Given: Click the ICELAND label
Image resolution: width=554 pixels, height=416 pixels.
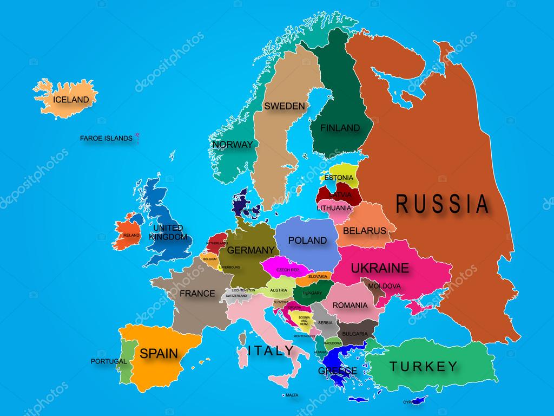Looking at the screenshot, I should pos(70,100).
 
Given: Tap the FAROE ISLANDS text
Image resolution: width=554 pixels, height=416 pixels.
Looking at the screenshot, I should pos(106,138).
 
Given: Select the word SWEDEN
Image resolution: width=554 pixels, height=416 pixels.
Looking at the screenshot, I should pos(285,106).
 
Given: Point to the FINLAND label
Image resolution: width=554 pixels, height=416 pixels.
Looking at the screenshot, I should pos(340,128).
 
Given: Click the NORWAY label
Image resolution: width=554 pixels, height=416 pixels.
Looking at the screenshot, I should pos(233,145).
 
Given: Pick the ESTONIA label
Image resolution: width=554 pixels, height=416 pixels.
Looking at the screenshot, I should pos(339,177).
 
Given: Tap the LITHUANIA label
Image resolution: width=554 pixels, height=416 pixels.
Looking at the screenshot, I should pos(334,207).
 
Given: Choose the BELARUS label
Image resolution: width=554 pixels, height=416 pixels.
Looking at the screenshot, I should pos(365,230).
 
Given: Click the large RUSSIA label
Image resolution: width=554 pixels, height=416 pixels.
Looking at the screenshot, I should pos(443,204).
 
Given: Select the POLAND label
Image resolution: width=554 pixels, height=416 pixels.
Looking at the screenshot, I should pos(307,240).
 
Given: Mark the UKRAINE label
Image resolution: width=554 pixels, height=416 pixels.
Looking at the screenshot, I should pos(379,268).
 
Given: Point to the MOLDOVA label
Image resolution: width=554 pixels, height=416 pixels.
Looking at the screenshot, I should pos(384,285).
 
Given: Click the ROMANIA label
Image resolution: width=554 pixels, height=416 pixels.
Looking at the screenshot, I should pos(349,305).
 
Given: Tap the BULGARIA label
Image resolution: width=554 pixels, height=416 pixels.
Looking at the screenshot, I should pos(355,334).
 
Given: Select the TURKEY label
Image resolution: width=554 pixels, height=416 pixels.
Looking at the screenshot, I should pos(424,366).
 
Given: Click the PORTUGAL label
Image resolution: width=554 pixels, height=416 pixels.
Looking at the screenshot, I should pos(109,361).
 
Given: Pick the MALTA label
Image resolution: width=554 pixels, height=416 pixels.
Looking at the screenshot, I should pos(292,395).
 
